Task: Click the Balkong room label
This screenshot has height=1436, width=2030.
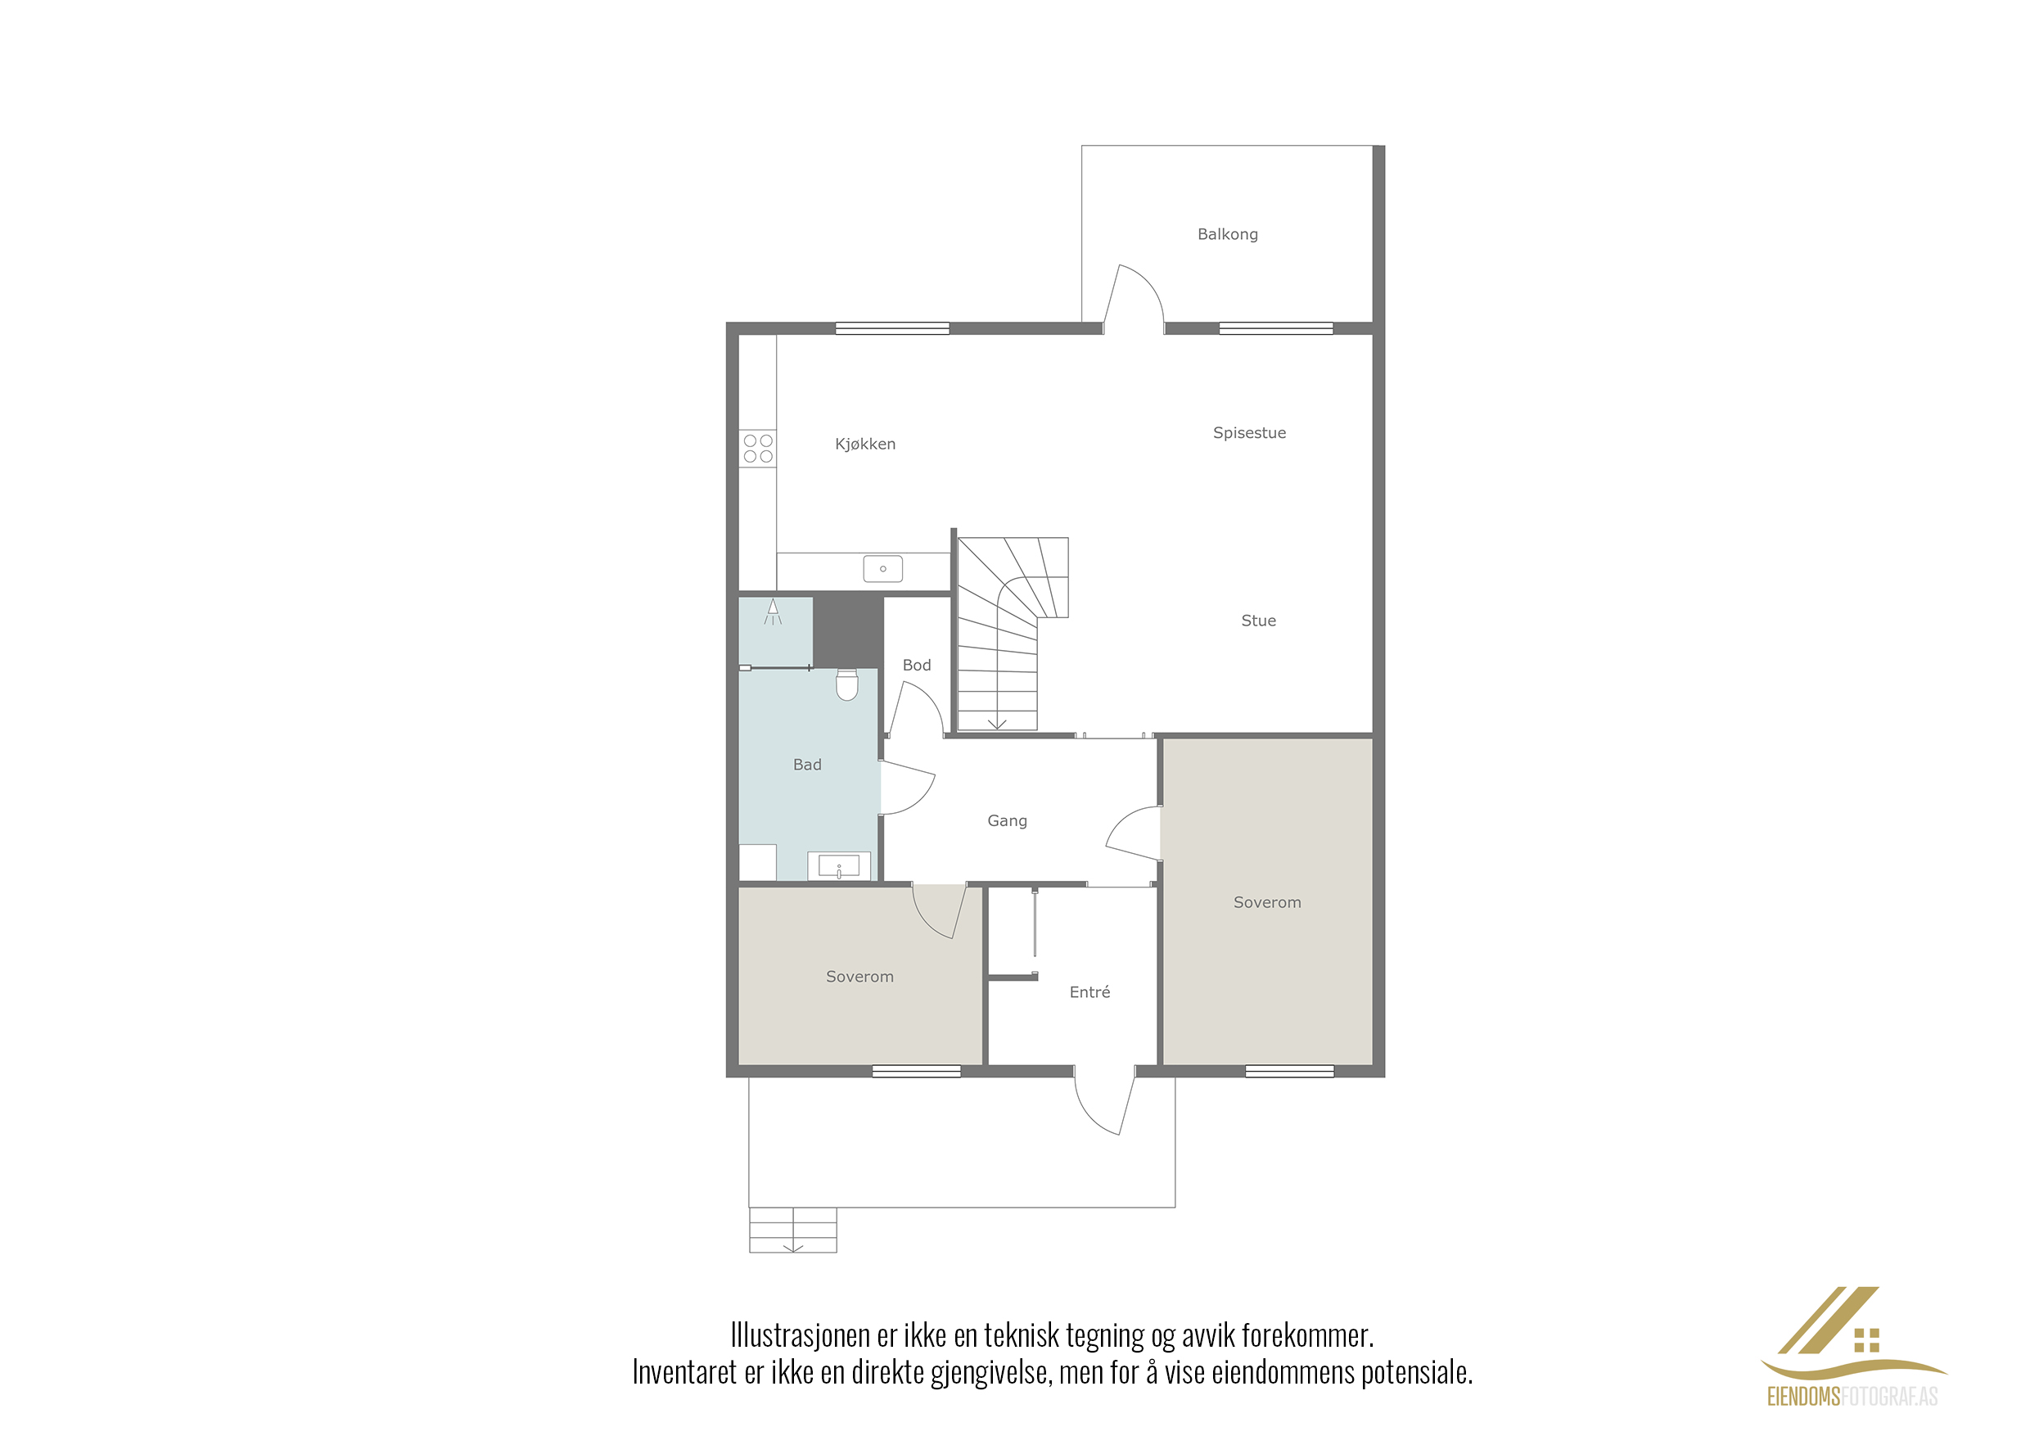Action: [x=1227, y=234]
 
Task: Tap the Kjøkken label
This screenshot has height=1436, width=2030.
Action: [x=864, y=444]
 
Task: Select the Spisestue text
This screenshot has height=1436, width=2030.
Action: [x=1248, y=433]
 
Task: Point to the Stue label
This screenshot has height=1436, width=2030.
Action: [x=1258, y=621]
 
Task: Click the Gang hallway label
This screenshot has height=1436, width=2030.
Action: [x=1007, y=821]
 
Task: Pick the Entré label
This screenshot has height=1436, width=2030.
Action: [x=1089, y=992]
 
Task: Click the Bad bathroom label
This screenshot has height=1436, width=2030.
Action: [x=806, y=765]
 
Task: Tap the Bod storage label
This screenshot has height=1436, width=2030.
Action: [x=916, y=665]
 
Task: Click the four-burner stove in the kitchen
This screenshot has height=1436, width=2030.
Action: [x=758, y=449]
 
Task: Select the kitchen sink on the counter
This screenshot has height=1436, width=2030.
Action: [x=882, y=568]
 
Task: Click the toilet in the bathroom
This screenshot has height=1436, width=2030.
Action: [x=847, y=684]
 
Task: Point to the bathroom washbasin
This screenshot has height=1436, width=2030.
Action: [x=839, y=866]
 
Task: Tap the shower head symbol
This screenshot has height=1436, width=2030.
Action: [x=773, y=611]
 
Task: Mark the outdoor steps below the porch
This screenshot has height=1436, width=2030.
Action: [x=793, y=1230]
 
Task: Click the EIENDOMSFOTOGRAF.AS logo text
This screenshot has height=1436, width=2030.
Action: [x=1852, y=1396]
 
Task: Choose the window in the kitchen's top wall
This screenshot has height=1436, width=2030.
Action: [x=892, y=329]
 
